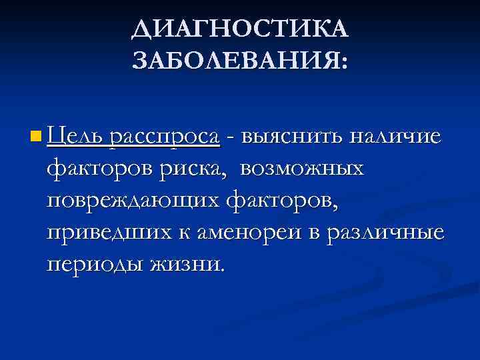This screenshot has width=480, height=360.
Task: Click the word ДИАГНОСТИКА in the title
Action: (240, 29)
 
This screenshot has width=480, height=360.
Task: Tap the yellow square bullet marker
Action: (35, 137)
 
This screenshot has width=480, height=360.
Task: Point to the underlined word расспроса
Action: (165, 137)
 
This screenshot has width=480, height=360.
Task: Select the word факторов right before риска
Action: (101, 169)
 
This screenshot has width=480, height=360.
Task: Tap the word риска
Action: (195, 169)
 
